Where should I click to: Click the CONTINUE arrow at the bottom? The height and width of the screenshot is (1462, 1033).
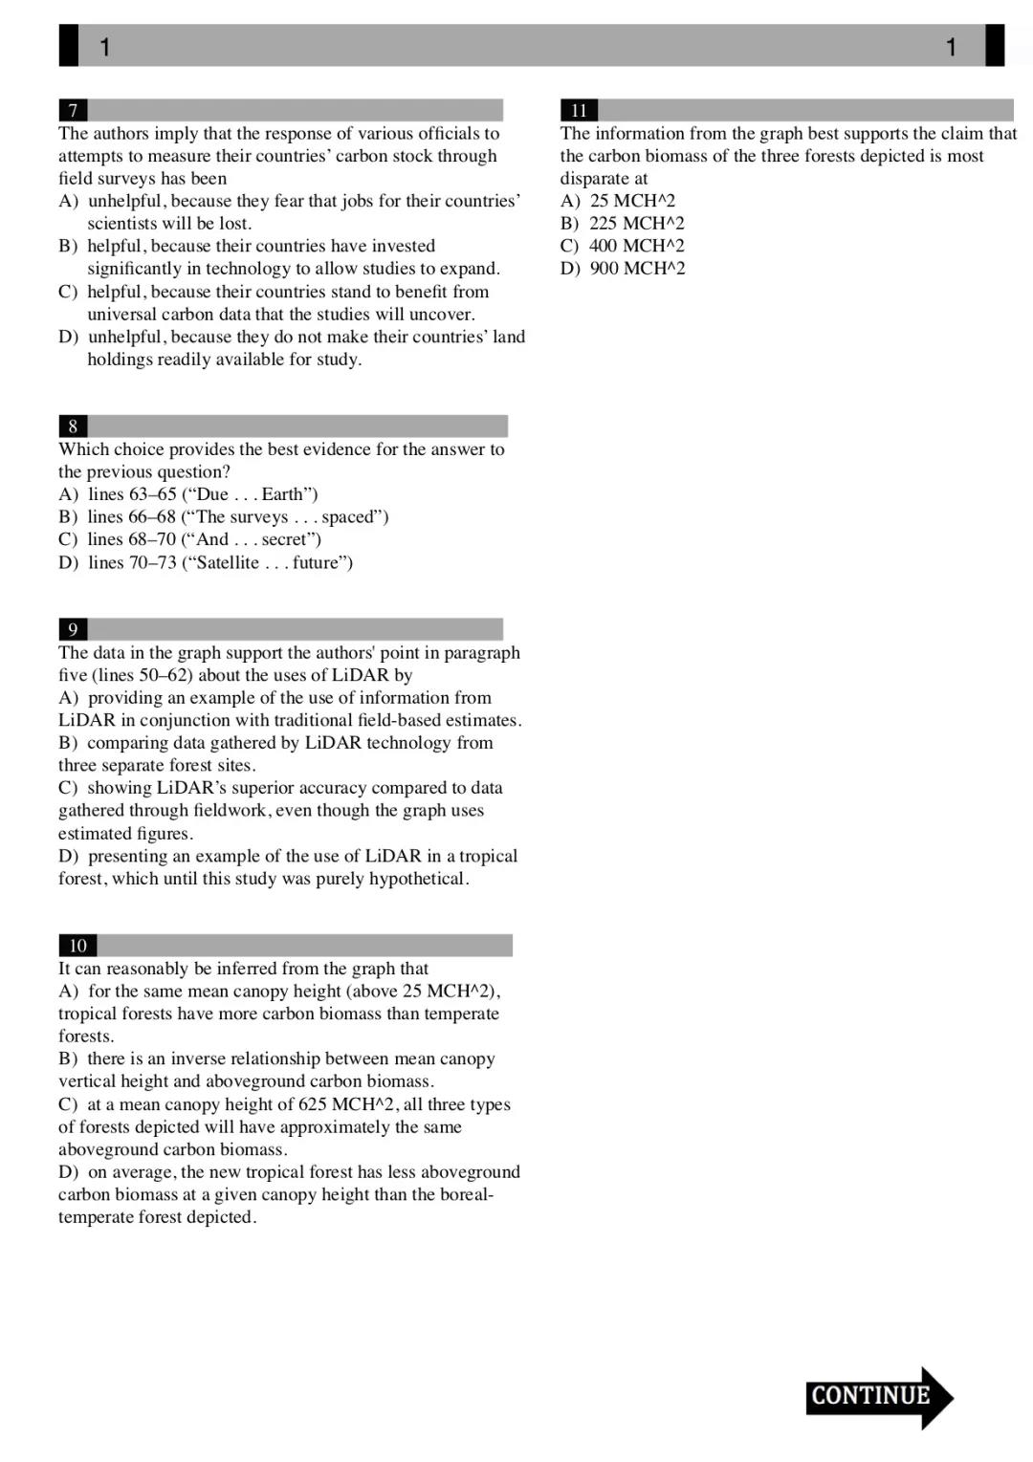878,1397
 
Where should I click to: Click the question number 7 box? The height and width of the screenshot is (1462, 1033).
73,110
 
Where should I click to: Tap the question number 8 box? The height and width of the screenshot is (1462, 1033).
73,426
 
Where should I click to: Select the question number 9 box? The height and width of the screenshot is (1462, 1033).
73,629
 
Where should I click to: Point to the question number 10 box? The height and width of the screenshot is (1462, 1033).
77,946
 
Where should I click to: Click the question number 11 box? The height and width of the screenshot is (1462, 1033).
579,110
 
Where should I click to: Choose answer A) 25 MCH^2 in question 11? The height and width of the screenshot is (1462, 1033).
618,201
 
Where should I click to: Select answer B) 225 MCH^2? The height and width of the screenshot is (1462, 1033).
623,224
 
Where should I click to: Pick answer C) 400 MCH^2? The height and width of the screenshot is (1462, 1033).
623,246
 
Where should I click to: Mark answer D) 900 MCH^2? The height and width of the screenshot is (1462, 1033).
623,269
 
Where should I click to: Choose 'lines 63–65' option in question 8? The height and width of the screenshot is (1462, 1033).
188,494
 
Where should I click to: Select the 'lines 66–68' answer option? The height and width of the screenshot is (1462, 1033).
224,517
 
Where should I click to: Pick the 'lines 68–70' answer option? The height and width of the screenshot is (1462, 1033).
189,539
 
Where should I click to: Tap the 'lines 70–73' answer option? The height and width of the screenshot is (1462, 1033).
206,562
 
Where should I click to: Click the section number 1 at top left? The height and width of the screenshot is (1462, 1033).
104,47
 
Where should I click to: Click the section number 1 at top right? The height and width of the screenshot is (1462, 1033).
951,47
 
